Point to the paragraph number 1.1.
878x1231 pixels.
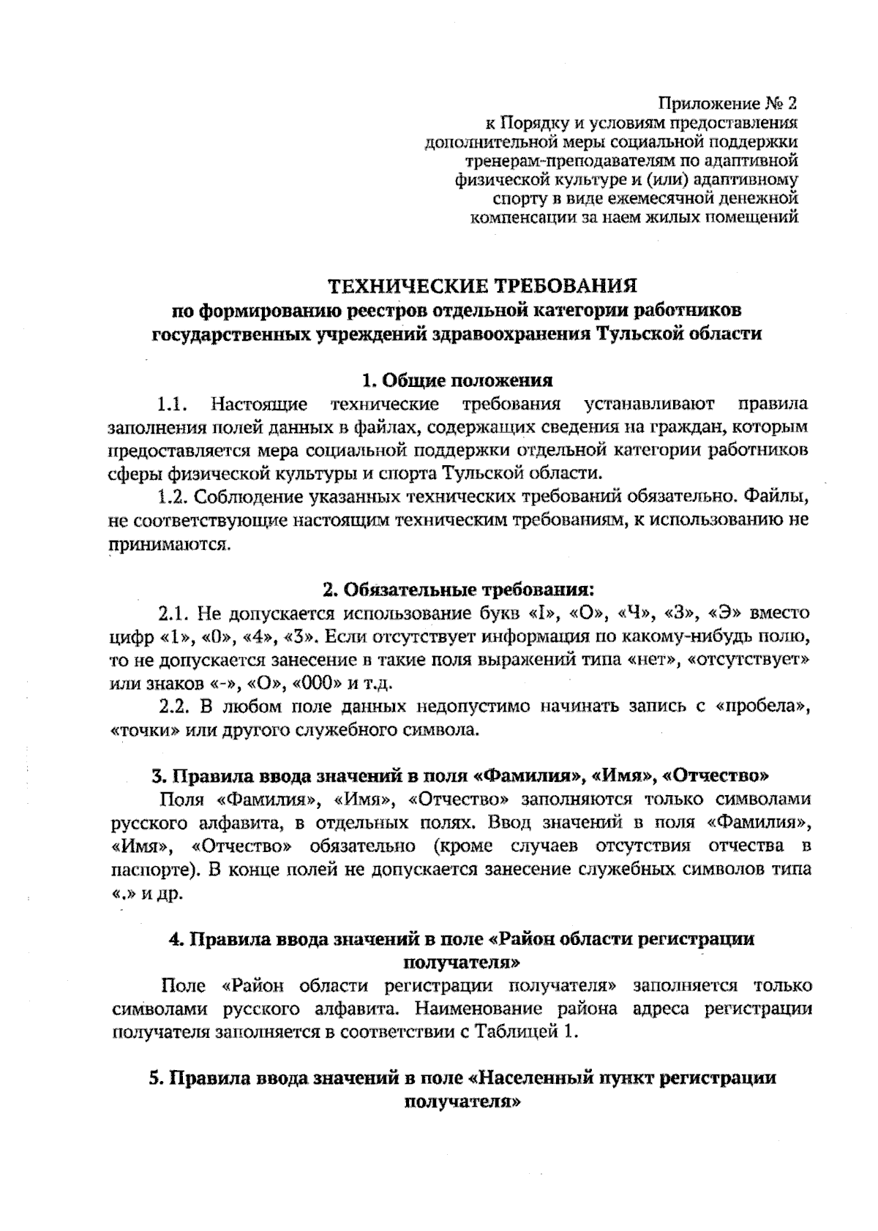pyautogui.click(x=176, y=404)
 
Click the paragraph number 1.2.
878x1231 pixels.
pyautogui.click(x=176, y=497)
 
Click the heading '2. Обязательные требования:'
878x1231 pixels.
pyautogui.click(x=457, y=590)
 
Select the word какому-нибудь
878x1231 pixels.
pyautogui.click(x=668, y=636)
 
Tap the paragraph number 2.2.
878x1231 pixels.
pyautogui.click(x=176, y=707)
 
